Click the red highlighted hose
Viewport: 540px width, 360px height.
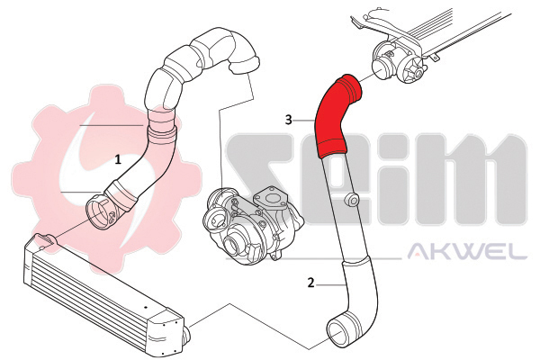(332, 117)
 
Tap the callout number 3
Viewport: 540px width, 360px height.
(289, 120)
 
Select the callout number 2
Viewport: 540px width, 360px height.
(310, 283)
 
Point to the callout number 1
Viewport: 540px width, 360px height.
(118, 159)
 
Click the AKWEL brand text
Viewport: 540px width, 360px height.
(467, 251)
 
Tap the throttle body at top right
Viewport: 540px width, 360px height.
(400, 61)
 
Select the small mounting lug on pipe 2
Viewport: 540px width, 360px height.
(351, 200)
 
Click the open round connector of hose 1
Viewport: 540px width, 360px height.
(100, 213)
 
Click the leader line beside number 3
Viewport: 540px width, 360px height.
(304, 121)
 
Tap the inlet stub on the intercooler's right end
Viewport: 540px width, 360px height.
(186, 336)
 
